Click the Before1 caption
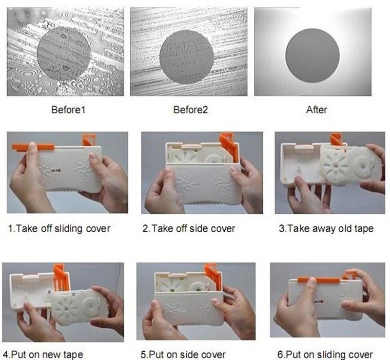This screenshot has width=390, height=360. (68, 110)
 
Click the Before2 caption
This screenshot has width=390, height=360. (190, 110)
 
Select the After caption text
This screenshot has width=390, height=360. (316, 110)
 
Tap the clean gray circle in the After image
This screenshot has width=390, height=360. (312, 55)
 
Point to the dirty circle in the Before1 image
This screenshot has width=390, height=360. (64, 54)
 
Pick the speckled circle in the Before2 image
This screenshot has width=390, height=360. (187, 57)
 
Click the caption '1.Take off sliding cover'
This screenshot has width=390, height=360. (59, 229)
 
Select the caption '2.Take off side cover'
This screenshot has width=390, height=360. (189, 229)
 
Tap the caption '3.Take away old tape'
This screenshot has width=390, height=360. (326, 229)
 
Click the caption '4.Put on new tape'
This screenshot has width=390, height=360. (43, 355)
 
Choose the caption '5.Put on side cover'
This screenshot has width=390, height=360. (183, 355)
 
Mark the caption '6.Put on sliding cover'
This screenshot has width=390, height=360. (325, 355)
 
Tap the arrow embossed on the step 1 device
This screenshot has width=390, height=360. (56, 171)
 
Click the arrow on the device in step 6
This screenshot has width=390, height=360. (319, 302)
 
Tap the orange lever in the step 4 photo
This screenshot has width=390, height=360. (61, 279)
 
